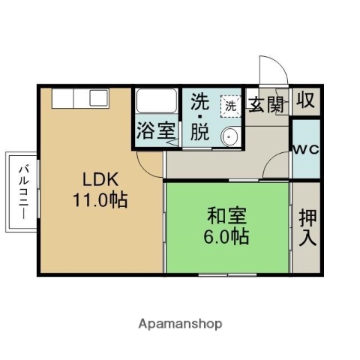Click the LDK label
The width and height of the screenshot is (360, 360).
[99, 180]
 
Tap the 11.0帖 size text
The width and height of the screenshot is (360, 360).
[99, 200]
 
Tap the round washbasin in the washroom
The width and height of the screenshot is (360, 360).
[230, 136]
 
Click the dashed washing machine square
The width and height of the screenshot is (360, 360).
[231, 106]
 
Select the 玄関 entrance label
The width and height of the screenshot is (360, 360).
[266, 104]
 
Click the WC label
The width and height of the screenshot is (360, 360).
[306, 149]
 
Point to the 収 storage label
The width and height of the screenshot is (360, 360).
[305, 100]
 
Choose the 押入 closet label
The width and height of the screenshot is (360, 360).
[307, 228]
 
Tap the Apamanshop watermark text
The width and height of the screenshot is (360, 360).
[180, 324]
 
